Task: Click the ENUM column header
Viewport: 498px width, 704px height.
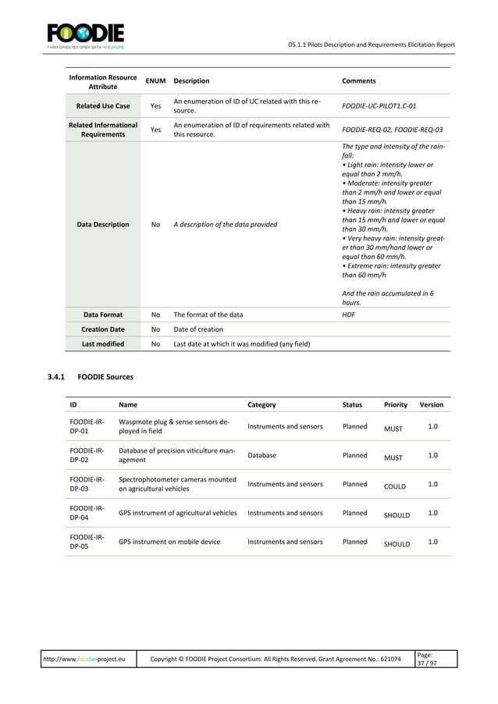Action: pyautogui.click(x=155, y=80)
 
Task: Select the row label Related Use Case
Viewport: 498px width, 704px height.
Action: pyautogui.click(x=103, y=106)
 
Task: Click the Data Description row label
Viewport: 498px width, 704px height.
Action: pyautogui.click(x=103, y=225)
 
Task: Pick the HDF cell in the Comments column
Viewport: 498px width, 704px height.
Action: pyautogui.click(x=348, y=315)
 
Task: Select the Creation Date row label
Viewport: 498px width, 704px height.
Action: pyautogui.click(x=103, y=329)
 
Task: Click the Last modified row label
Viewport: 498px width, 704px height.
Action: pyautogui.click(x=103, y=343)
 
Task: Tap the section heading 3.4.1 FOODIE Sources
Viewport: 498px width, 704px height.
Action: pyautogui.click(x=91, y=377)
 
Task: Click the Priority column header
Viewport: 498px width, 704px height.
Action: pyautogui.click(x=395, y=405)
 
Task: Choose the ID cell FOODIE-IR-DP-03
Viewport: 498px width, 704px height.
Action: pyautogui.click(x=87, y=484)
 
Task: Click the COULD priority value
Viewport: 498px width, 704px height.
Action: pyautogui.click(x=395, y=487)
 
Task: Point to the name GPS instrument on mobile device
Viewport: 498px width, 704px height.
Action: pyautogui.click(x=169, y=542)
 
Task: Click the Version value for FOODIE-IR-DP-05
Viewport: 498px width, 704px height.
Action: pyautogui.click(x=433, y=541)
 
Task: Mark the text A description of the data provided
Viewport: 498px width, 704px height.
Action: pyautogui.click(x=225, y=225)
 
